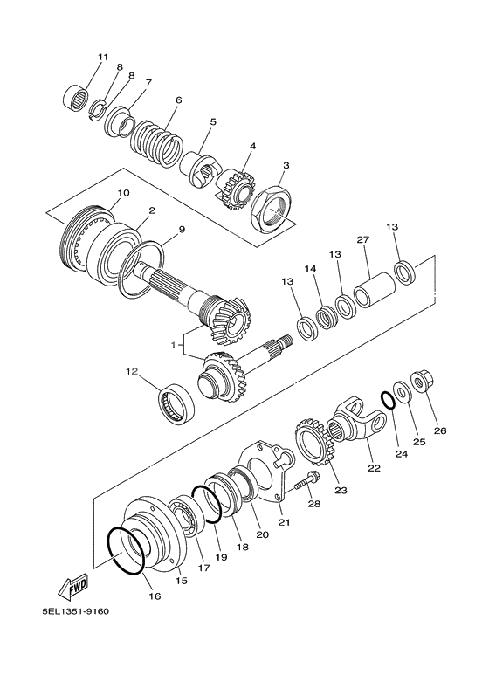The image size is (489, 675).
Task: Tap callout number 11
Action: [x=103, y=58]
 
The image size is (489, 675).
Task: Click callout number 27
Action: [x=364, y=239]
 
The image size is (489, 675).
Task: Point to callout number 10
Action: [x=123, y=192]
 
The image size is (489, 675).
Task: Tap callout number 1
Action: [x=175, y=345]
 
